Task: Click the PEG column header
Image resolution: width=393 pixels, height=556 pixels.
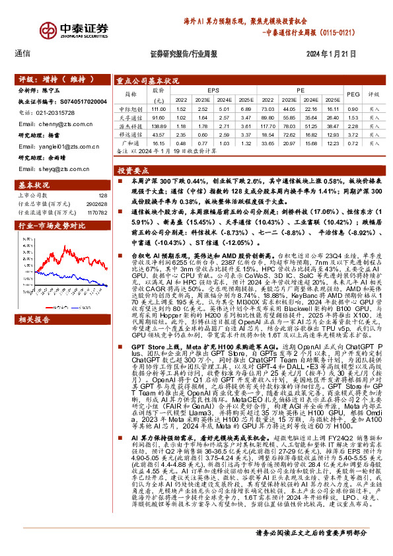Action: click(x=353, y=94)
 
